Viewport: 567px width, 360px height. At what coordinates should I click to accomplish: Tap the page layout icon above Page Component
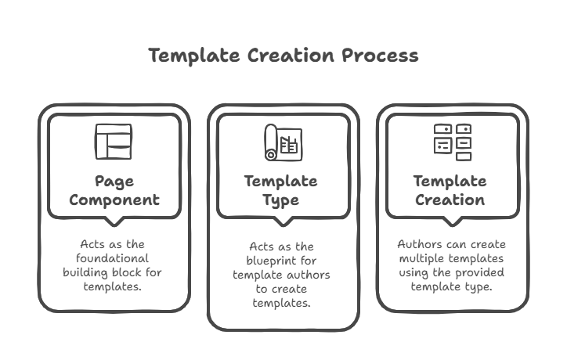coord(114,142)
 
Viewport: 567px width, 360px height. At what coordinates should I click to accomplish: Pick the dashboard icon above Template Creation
coord(453,142)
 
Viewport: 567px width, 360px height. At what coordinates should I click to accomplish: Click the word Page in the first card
coord(114,182)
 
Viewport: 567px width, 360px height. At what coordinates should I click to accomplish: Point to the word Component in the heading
coord(114,200)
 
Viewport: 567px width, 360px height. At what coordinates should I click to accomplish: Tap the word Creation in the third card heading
coord(451,200)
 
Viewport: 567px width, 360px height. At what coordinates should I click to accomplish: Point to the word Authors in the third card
coord(418,244)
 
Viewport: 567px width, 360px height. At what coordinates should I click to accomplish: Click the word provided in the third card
coord(479,272)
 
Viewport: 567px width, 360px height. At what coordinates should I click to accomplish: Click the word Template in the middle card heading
coord(280,182)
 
